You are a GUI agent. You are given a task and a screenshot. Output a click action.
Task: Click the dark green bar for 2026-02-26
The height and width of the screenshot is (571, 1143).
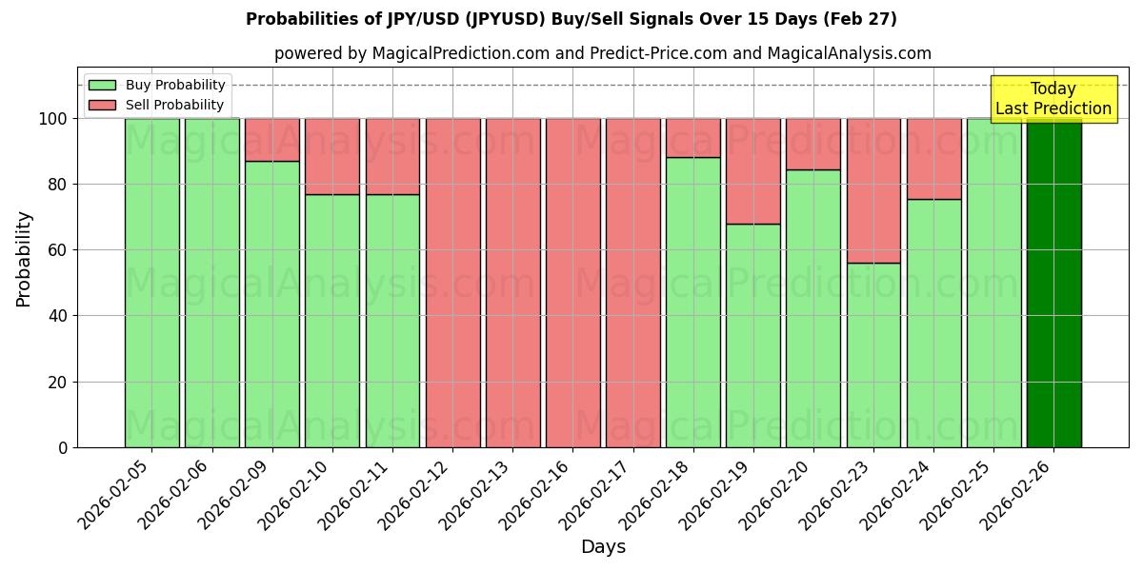1053,283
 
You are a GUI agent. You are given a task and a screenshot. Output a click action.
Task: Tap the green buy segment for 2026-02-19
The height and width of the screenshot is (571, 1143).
752,335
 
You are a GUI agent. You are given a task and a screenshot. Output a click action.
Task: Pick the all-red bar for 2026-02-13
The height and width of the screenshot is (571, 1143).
512,283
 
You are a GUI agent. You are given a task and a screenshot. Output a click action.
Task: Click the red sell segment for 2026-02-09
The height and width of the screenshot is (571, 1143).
271,140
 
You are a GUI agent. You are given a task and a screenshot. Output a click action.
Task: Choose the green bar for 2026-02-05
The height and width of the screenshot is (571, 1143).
151,283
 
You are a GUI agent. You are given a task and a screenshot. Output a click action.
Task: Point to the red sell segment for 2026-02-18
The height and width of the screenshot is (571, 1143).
692,137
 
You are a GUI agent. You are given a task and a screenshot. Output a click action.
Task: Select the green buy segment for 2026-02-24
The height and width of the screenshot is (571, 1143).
933,323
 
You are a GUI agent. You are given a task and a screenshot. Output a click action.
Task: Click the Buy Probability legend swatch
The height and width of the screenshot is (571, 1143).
102,85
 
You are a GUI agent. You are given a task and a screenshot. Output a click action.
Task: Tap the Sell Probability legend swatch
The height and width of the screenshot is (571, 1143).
102,105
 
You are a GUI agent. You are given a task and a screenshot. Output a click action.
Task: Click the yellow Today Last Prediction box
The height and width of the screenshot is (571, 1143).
1053,99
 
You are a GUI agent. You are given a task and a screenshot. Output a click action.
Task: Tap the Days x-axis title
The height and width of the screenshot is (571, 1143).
603,547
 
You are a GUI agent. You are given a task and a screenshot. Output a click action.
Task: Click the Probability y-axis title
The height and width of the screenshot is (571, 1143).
24,258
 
